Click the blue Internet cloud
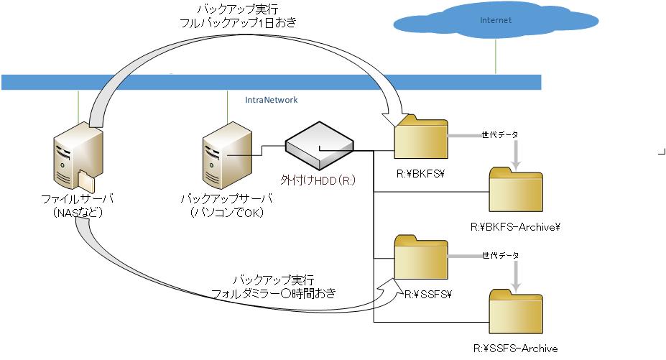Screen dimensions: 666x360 [x=496, y=20]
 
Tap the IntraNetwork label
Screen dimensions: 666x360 [x=272, y=100]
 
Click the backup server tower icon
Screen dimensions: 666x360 [x=228, y=155]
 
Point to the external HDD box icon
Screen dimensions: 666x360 [x=319, y=146]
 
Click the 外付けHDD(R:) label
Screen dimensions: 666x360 [x=318, y=180]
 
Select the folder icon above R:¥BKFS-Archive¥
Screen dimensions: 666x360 [x=516, y=190]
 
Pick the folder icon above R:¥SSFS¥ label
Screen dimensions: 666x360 [x=421, y=257]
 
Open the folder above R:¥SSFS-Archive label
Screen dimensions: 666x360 [x=516, y=312]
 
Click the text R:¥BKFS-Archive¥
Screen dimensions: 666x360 [x=515, y=227]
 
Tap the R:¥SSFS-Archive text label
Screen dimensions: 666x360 [x=516, y=349]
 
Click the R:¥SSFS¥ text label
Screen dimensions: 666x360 [x=427, y=294]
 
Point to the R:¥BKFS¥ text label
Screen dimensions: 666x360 [x=420, y=173]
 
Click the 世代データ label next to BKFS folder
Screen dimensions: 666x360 [x=500, y=135]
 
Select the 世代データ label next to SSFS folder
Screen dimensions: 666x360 [x=501, y=255]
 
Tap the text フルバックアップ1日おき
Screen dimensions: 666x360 [x=238, y=22]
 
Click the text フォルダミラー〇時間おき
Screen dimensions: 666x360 [x=274, y=293]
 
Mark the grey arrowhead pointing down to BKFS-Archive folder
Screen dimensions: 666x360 [x=516, y=165]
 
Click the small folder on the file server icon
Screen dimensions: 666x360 [x=87, y=180]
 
